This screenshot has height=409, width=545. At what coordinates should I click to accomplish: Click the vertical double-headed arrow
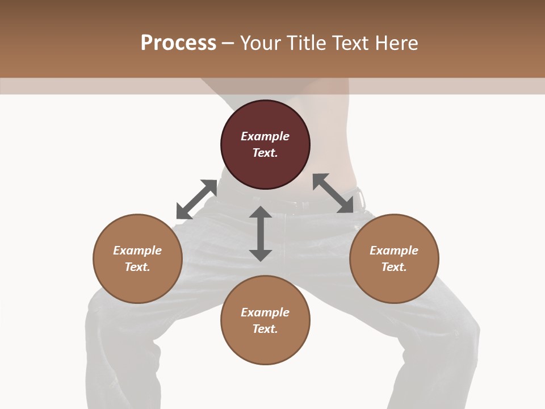[261, 233]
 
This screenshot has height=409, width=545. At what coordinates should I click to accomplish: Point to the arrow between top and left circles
[196, 199]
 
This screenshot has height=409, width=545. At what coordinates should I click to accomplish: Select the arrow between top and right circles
[333, 193]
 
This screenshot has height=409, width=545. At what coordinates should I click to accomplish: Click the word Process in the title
[178, 43]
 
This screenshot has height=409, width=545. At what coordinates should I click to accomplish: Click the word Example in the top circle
[265, 136]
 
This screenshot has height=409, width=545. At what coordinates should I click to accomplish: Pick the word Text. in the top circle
[265, 153]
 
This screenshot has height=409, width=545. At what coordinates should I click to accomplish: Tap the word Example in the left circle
[137, 251]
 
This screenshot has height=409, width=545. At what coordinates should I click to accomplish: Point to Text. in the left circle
[137, 267]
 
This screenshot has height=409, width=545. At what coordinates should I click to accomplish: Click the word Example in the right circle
[394, 251]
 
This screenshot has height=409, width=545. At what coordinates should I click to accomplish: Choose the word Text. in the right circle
[394, 267]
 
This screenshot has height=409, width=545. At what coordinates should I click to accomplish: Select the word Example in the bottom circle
[265, 312]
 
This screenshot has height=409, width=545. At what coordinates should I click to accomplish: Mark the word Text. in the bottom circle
[265, 329]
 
